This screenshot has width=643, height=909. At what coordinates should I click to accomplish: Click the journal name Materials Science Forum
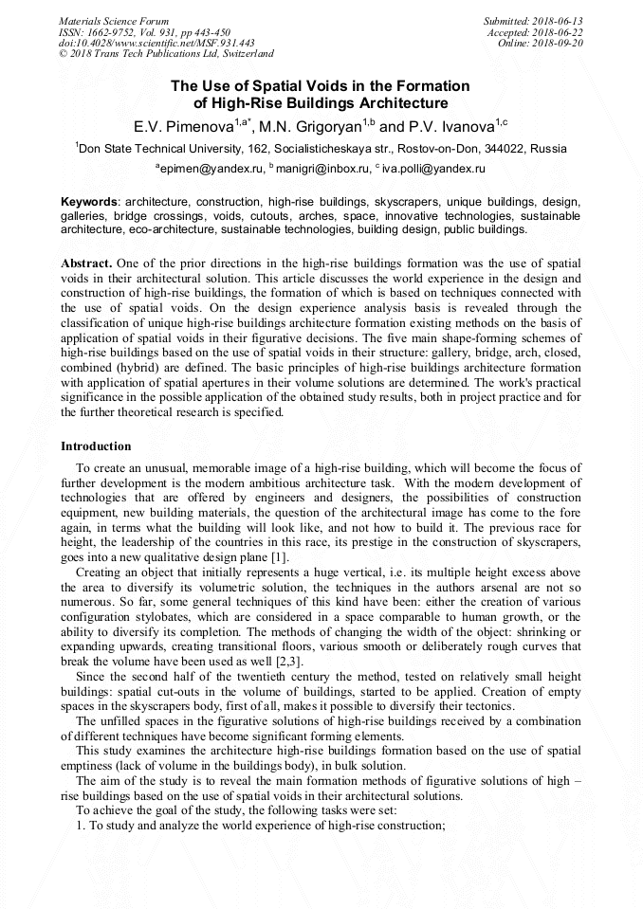point(114,21)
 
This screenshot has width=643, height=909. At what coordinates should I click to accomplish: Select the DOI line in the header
point(156,43)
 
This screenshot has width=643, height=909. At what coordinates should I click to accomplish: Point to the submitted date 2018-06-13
point(560,21)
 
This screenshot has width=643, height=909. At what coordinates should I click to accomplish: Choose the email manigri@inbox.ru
point(320,168)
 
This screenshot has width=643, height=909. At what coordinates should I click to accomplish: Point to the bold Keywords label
point(89,202)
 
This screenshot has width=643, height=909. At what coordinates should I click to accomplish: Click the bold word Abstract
point(87,262)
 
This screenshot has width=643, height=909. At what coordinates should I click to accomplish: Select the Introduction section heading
point(96,445)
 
